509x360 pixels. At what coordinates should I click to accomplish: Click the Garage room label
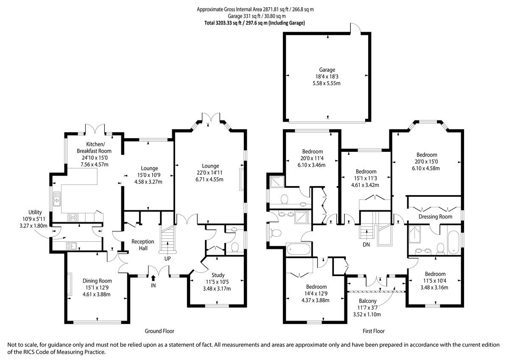pyautogui.click(x=327, y=70)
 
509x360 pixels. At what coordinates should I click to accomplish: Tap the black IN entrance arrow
pyautogui.click(x=154, y=278)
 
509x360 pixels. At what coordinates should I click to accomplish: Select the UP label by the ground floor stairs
pyautogui.click(x=168, y=259)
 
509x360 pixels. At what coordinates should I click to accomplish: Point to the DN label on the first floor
pyautogui.click(x=366, y=244)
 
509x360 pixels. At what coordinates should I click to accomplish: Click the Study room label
pyautogui.click(x=218, y=275)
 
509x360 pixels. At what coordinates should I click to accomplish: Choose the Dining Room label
pyautogui.click(x=97, y=281)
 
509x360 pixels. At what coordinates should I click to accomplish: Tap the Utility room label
pyautogui.click(x=35, y=212)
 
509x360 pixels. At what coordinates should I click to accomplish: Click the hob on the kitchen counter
pyautogui.click(x=73, y=218)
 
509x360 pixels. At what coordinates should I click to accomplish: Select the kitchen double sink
pyautogui.click(x=57, y=199)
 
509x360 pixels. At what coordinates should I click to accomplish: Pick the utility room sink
pyautogui.click(x=71, y=246)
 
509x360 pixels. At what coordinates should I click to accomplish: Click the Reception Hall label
pyautogui.click(x=143, y=245)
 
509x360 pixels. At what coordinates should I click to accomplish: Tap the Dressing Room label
pyautogui.click(x=435, y=217)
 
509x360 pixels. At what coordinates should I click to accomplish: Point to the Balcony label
pyautogui.click(x=368, y=301)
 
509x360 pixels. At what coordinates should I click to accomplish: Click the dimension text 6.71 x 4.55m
pyautogui.click(x=209, y=179)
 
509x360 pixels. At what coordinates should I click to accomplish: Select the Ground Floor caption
pyautogui.click(x=159, y=331)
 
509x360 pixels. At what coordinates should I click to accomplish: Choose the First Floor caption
pyautogui.click(x=374, y=331)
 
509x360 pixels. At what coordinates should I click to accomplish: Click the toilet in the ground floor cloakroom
pyautogui.click(x=235, y=247)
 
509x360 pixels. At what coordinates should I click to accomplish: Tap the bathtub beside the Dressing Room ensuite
pyautogui.click(x=454, y=243)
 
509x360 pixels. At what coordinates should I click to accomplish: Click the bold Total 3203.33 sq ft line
pyautogui.click(x=255, y=23)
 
